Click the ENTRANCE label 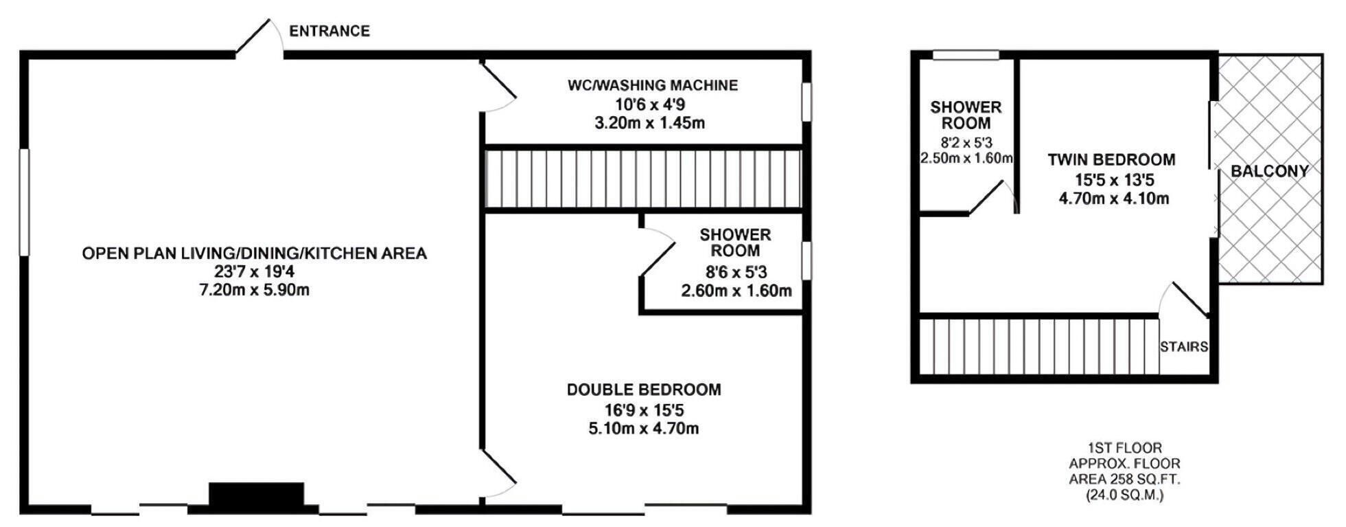coord(329,31)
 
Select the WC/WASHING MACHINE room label coord(653,85)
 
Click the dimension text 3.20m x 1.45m coord(649,124)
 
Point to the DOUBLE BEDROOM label coord(644,390)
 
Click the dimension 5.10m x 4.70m coord(644,429)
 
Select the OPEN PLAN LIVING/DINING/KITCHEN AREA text coord(255,254)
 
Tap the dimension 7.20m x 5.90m coord(255,290)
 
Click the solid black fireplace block coord(256,496)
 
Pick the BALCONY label coord(1270,171)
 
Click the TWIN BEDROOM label coord(1111,160)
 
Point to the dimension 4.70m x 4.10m coord(1114,199)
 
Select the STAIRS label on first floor coord(1184,347)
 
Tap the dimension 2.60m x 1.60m coord(736,291)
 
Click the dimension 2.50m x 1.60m coord(966,158)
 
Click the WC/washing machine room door coord(499,87)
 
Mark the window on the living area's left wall coord(24,202)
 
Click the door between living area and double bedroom coord(499,474)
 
